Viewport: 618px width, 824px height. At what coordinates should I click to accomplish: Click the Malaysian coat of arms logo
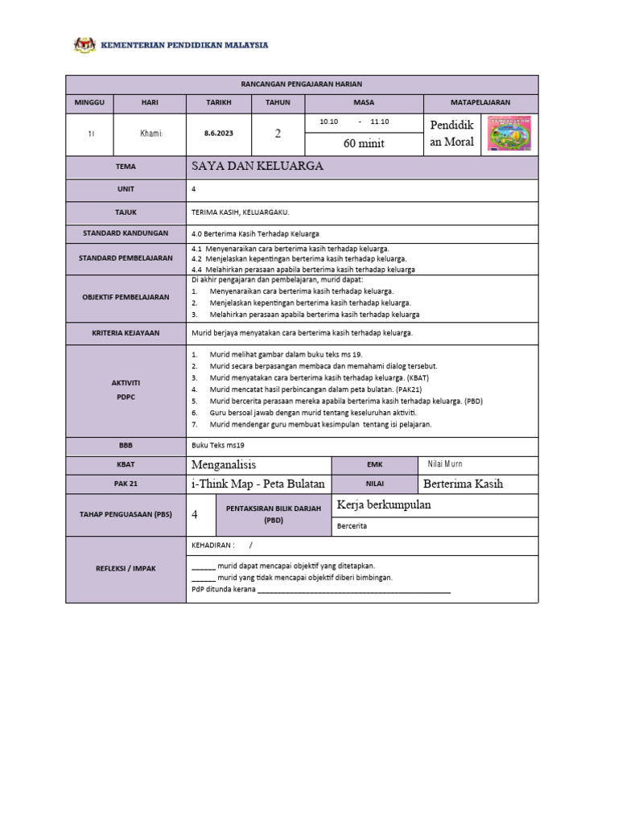[x=84, y=45]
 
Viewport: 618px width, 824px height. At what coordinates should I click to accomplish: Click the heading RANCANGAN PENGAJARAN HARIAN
[x=302, y=84]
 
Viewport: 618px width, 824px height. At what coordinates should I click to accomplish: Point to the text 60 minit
[x=364, y=144]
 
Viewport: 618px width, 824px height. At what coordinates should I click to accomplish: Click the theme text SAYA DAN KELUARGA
[x=257, y=167]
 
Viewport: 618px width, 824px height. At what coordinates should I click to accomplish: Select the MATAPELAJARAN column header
[x=480, y=103]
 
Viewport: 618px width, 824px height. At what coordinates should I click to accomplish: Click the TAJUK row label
[x=125, y=212]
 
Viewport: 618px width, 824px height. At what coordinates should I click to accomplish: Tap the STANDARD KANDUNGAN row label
[x=125, y=233]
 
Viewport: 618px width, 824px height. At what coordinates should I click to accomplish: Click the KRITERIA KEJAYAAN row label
[x=125, y=333]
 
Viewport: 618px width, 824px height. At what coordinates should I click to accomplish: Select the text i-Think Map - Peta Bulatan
[x=258, y=484]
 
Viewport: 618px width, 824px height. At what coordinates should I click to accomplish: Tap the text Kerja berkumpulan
[x=385, y=505]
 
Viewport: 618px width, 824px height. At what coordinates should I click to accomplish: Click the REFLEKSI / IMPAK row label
[x=125, y=569]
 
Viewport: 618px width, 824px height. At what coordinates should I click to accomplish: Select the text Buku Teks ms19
[x=217, y=444]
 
